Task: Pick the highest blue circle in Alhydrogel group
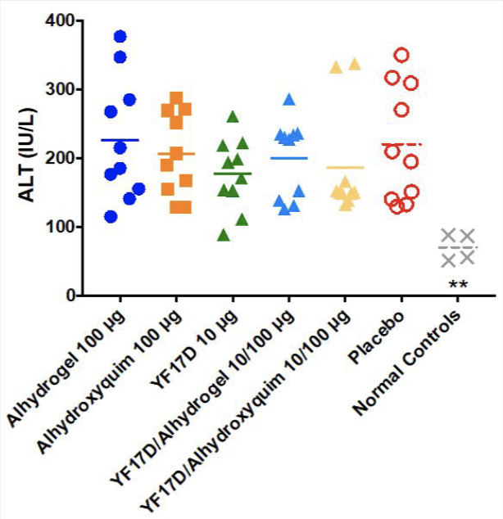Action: (x=120, y=36)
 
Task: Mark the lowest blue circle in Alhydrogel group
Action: (x=111, y=216)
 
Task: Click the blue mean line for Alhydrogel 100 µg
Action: (x=120, y=140)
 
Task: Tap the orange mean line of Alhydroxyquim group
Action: (x=176, y=154)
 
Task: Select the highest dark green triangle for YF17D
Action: (x=211, y=116)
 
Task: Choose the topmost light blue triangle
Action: (x=288, y=100)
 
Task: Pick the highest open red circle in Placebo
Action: (x=401, y=55)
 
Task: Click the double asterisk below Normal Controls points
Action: (x=457, y=284)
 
